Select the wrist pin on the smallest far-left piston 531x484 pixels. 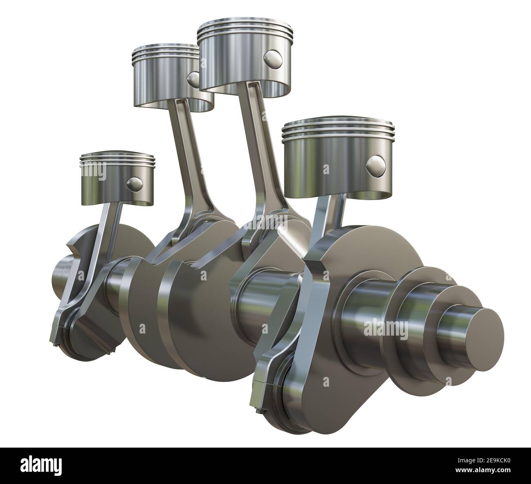tap(134, 183)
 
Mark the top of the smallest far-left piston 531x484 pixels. tap(118, 157)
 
